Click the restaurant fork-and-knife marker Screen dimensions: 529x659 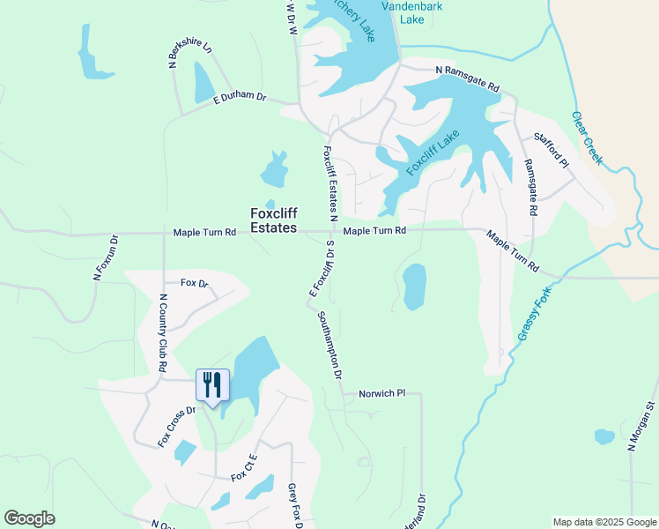(x=211, y=385)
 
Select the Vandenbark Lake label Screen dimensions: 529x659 (x=411, y=12)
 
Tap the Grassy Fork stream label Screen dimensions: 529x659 (x=535, y=314)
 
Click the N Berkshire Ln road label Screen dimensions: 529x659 (x=190, y=54)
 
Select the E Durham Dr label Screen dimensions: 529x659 (x=240, y=101)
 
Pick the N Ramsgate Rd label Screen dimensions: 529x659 (x=468, y=80)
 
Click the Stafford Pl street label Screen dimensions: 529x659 (x=552, y=151)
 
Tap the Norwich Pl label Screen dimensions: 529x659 (x=381, y=393)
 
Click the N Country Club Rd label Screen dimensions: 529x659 (x=163, y=332)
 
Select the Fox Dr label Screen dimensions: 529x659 (x=194, y=283)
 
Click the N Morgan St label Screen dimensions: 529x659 (x=643, y=427)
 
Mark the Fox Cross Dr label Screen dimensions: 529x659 (x=176, y=427)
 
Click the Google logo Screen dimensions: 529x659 (x=29, y=518)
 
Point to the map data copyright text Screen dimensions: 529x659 (x=603, y=522)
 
